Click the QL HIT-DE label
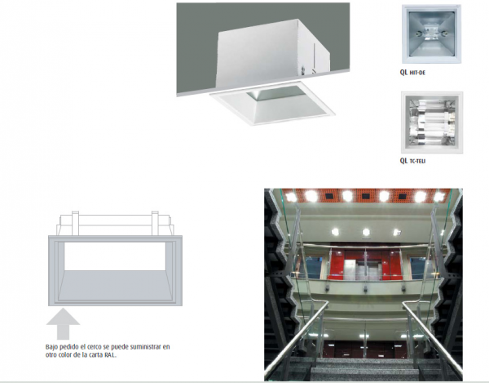point(412,73)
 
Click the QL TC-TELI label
point(412,161)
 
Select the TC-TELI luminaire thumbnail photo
point(432,122)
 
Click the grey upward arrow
point(63,323)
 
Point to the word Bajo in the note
point(52,347)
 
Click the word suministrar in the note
point(146,347)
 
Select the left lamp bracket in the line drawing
point(75,223)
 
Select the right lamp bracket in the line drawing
point(155,223)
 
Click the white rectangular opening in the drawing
point(115,256)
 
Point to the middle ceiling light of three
point(366,232)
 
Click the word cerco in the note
point(86,347)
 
